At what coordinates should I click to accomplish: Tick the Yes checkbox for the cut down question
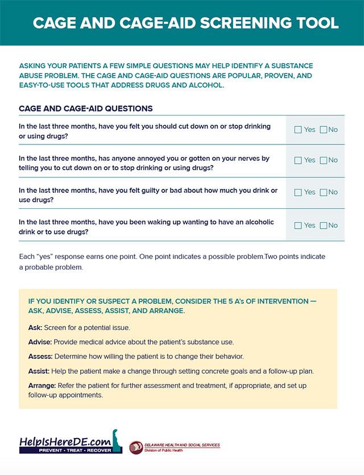pos(298,130)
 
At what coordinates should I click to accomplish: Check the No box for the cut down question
pos(324,130)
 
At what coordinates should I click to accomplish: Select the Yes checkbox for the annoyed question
pos(298,160)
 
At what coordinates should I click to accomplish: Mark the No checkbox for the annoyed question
pos(324,160)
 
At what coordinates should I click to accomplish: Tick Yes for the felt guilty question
pos(298,192)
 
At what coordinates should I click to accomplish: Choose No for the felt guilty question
pos(324,192)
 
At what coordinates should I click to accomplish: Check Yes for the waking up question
pos(298,225)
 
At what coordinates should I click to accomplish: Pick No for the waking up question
pos(324,225)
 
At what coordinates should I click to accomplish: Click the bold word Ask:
pos(35,328)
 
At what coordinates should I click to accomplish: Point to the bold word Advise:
pos(40,342)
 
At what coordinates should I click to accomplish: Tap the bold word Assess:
pos(40,356)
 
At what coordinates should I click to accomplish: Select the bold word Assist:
pos(39,371)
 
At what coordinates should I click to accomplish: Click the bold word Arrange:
pos(42,386)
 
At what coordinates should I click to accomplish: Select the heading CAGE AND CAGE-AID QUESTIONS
pos(85,108)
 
